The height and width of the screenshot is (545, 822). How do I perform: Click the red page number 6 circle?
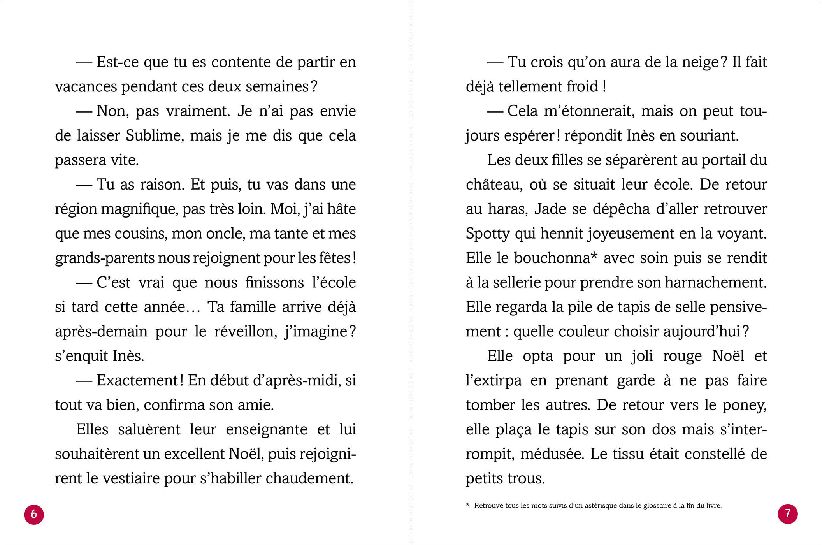(34, 514)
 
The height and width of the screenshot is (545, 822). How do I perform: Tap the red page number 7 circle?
(788, 514)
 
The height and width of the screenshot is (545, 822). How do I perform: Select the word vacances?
(85, 86)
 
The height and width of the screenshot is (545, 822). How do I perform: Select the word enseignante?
(266, 429)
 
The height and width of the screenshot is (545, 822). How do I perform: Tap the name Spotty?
(488, 234)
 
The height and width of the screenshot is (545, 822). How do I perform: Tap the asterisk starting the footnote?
(467, 505)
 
